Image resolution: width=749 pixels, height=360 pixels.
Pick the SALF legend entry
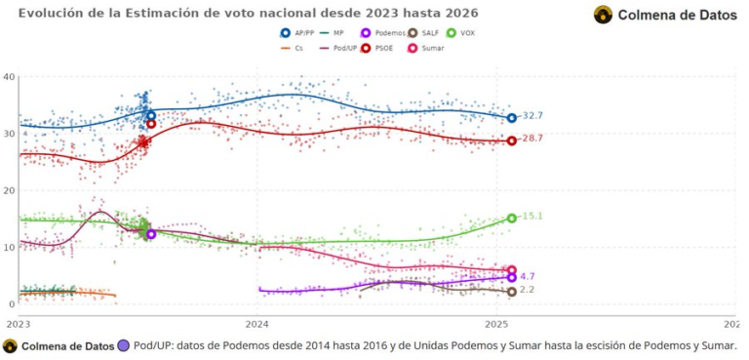coord(419,32)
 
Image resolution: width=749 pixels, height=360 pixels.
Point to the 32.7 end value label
coord(532,116)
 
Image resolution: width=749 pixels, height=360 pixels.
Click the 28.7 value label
coord(532,139)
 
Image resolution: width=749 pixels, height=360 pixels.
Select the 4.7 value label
coord(528,277)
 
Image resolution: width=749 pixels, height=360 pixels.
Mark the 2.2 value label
coord(528,291)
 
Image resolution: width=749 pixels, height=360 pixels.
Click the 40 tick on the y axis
coord(8,77)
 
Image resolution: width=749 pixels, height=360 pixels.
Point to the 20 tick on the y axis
coord(8,190)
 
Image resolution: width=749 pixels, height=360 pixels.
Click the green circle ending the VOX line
coord(511,219)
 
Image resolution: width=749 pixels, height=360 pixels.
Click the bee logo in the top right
coord(604,15)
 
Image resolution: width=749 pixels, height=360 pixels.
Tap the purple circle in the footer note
coord(124,345)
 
